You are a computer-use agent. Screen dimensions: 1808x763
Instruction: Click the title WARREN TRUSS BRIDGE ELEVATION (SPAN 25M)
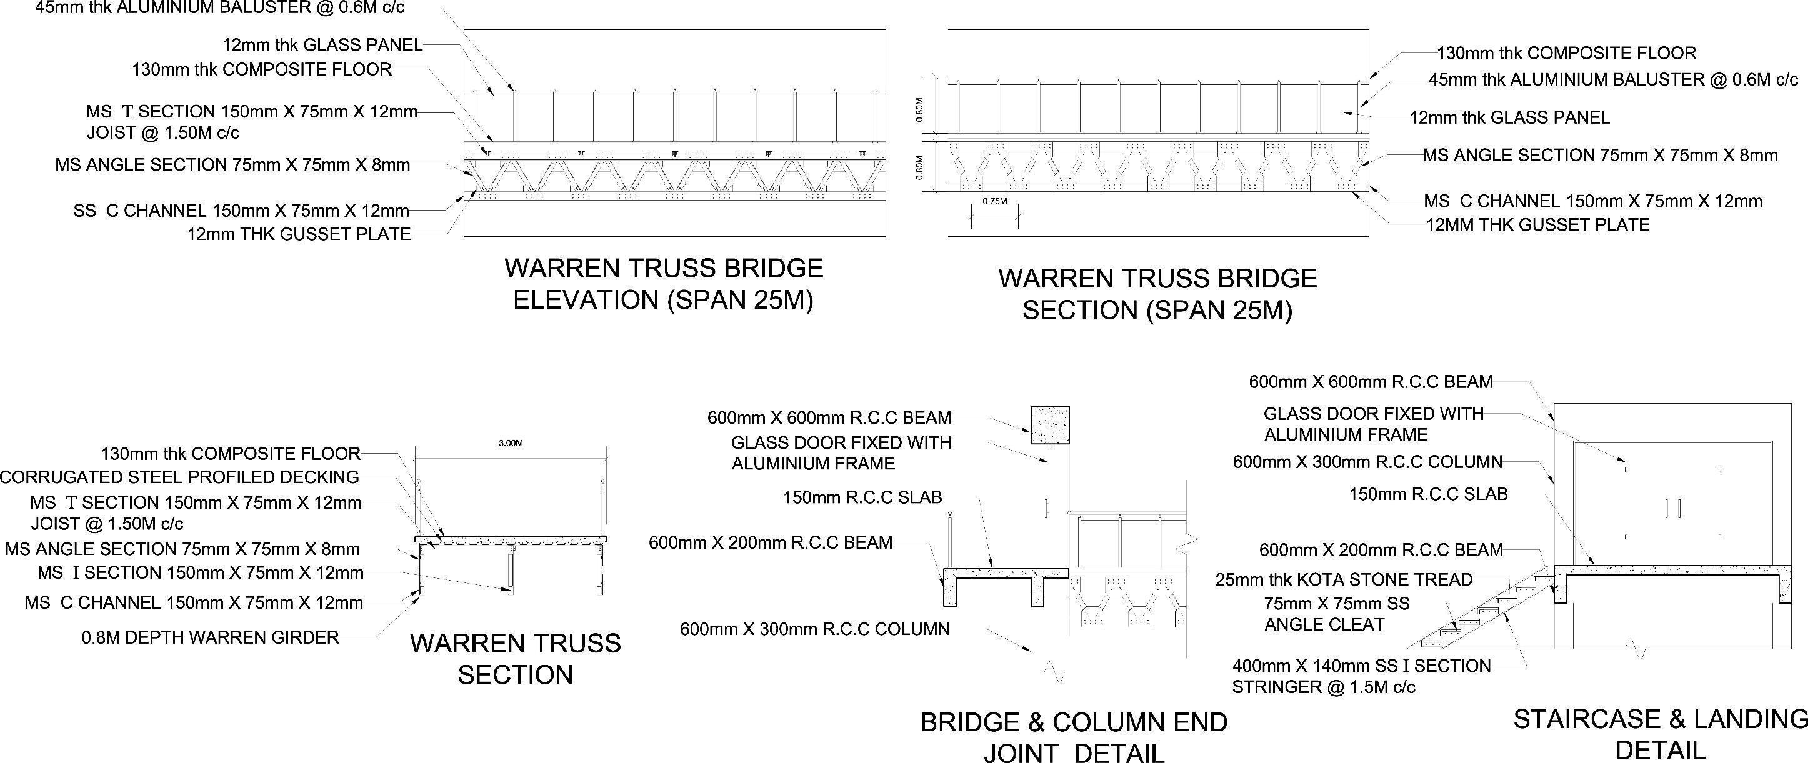[663, 284]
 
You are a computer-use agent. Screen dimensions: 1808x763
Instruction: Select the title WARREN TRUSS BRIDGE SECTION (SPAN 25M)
[1157, 294]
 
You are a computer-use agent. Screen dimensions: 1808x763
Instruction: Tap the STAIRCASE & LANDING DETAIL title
[1660, 734]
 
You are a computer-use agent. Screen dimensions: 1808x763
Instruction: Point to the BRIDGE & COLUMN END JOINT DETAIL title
[1074, 737]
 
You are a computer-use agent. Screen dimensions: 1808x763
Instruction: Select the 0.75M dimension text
[994, 201]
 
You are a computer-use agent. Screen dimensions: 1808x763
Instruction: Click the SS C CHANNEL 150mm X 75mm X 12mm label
[241, 211]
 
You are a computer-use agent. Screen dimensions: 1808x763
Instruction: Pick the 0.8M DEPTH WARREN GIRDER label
[211, 637]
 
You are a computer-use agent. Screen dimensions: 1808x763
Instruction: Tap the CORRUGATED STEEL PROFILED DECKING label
[180, 477]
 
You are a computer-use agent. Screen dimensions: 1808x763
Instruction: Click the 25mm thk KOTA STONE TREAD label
[1344, 580]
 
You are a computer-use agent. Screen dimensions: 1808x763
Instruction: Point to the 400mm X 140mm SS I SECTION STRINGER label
[1361, 676]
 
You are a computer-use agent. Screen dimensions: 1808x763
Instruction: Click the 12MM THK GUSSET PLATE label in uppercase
[1537, 226]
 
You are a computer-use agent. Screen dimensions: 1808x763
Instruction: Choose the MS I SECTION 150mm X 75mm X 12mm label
[201, 573]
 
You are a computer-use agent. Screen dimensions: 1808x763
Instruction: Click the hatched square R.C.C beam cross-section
[1049, 425]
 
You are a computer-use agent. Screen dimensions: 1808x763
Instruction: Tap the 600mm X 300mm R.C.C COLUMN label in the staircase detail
[1367, 462]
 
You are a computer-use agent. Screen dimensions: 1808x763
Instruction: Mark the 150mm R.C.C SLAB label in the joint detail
[862, 497]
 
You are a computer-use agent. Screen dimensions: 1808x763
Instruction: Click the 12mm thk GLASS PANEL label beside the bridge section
[1509, 118]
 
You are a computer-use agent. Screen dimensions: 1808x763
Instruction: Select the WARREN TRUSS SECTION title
[515, 659]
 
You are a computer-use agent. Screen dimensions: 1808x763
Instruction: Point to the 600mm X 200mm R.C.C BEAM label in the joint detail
[771, 542]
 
